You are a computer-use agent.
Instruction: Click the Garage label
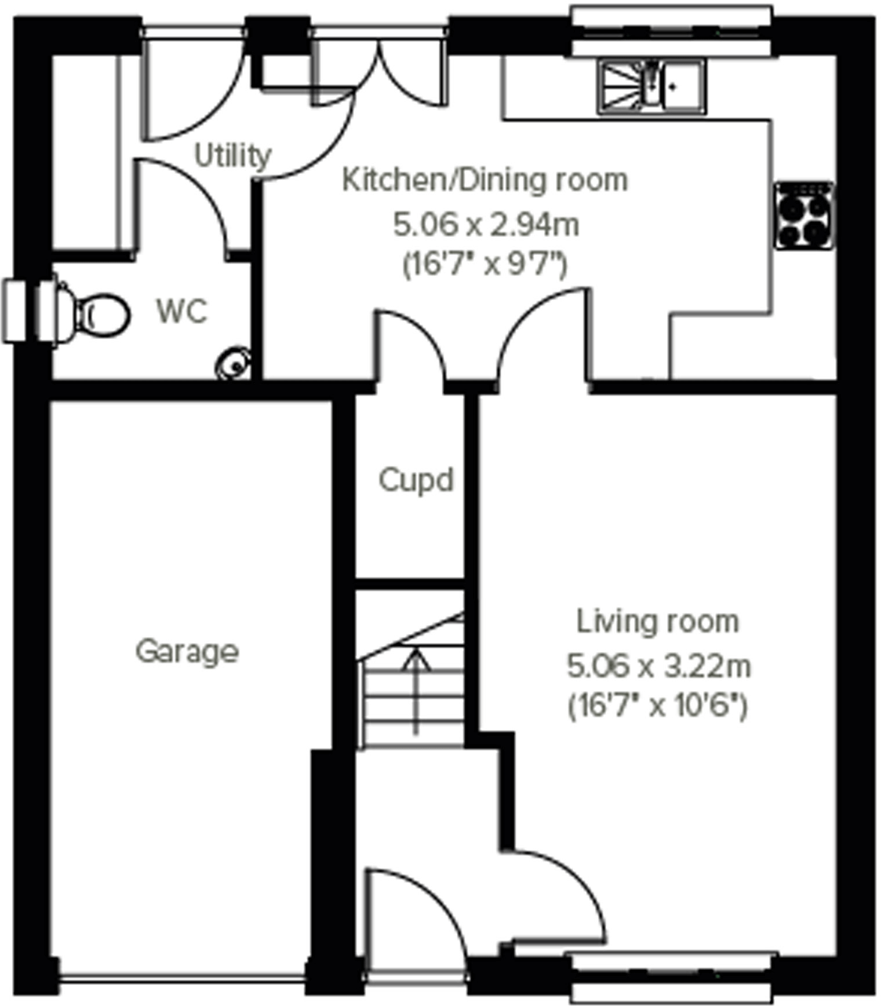pos(187,651)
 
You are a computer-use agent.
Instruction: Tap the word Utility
pos(232,156)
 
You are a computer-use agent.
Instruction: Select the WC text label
pos(181,312)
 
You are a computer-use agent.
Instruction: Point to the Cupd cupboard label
pos(416,480)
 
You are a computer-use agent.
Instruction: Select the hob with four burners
pos(804,216)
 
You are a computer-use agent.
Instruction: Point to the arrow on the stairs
pos(416,689)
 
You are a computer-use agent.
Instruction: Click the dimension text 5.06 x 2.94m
pos(486,225)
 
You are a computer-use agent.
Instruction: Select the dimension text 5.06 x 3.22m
pos(658,666)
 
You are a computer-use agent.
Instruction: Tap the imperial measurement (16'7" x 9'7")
pos(485,265)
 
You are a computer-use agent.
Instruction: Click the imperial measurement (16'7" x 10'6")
pos(658,706)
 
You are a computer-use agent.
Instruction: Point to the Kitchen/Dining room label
pos(485,180)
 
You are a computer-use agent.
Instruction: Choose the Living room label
pos(658,622)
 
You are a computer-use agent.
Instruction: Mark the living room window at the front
pos(671,977)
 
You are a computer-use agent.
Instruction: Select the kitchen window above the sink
pos(671,31)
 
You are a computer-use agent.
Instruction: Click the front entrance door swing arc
pos(440,904)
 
